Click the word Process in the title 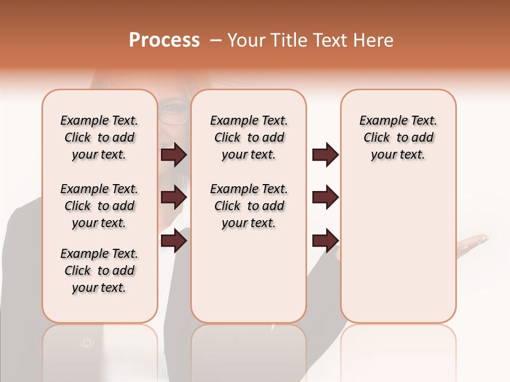point(164,40)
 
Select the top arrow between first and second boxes point(174,155)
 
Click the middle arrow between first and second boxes point(174,197)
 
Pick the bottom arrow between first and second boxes point(174,240)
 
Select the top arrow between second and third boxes point(325,155)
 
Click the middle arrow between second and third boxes point(325,197)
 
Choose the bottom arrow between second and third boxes point(325,240)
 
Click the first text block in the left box point(99,137)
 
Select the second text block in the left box point(99,206)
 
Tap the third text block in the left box point(99,271)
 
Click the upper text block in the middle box point(249,137)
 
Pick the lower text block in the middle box point(249,206)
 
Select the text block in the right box point(398,137)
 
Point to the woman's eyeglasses point(173,114)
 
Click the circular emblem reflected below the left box point(87,343)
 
